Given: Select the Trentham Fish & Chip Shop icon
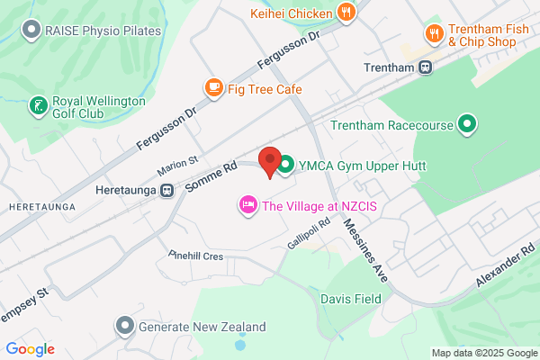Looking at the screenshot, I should pos(434,34).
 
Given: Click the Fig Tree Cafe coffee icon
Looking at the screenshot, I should pos(213,88).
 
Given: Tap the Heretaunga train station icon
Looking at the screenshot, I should pos(166,191).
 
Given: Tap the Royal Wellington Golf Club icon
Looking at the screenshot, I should pos(38,106).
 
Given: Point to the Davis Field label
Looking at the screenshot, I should pos(352,298).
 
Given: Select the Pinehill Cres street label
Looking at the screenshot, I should pos(195,256).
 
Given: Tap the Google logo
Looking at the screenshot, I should pos(30,349).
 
